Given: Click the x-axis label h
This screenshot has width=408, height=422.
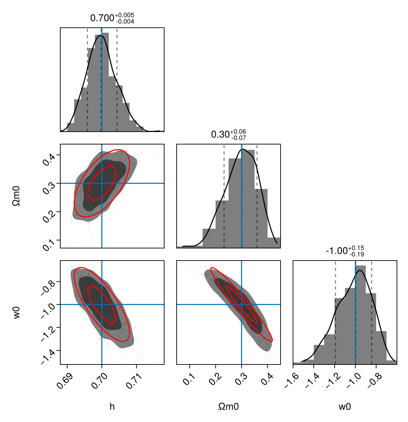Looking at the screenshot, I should click(x=112, y=406).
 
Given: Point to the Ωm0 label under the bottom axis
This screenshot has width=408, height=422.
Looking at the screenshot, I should click(x=228, y=406).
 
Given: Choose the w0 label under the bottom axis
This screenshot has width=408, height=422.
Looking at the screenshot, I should click(x=345, y=406).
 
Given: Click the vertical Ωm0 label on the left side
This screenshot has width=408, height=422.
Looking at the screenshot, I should click(x=16, y=196).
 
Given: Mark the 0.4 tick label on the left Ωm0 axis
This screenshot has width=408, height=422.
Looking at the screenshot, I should click(x=49, y=158).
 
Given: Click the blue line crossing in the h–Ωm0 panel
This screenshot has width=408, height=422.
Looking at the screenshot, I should click(x=102, y=183).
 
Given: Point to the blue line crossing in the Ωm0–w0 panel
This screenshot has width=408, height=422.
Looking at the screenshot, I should click(x=241, y=304).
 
